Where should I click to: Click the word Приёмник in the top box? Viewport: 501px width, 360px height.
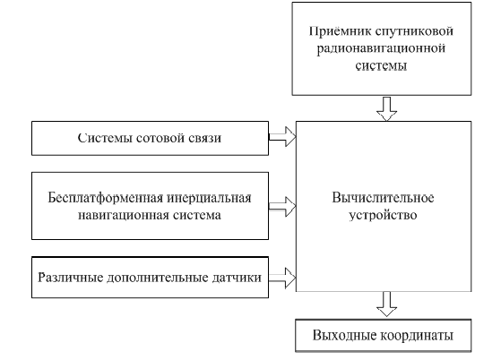[340, 31]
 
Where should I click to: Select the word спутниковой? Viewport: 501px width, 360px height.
[414, 32]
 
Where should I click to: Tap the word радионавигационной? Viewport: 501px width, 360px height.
[381, 48]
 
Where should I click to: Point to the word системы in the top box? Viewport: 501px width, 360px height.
[381, 65]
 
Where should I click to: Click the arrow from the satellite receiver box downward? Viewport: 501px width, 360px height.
[386, 109]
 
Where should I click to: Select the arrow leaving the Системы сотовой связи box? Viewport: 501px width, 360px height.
[282, 137]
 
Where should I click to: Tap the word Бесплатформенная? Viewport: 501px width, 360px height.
[105, 198]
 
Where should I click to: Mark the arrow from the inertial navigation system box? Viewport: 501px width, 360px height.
[282, 207]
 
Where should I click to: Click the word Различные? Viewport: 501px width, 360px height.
[70, 278]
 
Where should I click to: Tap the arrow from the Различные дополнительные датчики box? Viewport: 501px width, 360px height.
[282, 278]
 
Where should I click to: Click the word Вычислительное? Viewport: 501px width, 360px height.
[383, 198]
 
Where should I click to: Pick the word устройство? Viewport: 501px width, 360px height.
[383, 215]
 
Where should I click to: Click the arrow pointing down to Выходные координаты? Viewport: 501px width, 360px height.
[386, 304]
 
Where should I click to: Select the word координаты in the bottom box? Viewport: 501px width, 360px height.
[417, 336]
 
